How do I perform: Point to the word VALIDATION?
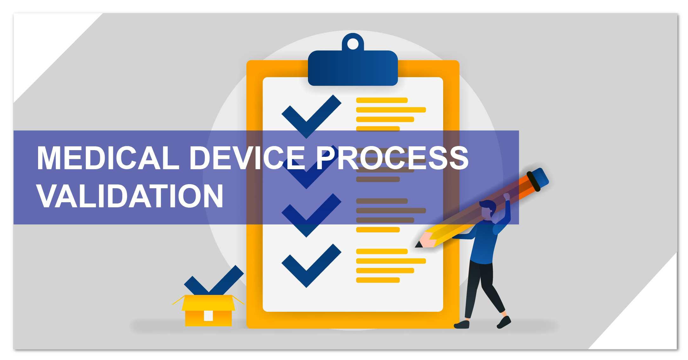tap(130, 196)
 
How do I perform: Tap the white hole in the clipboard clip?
tap(353, 44)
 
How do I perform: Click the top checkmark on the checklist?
tap(311, 117)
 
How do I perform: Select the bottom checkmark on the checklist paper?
tap(311, 266)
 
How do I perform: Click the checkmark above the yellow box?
tap(214, 281)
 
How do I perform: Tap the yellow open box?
tap(208, 310)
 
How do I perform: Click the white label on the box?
tap(208, 316)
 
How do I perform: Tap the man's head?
tap(488, 209)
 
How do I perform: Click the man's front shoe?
tap(504, 322)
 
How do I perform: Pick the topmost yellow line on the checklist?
tap(382, 100)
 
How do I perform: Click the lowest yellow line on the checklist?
tap(378, 280)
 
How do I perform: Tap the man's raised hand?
tap(506, 197)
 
